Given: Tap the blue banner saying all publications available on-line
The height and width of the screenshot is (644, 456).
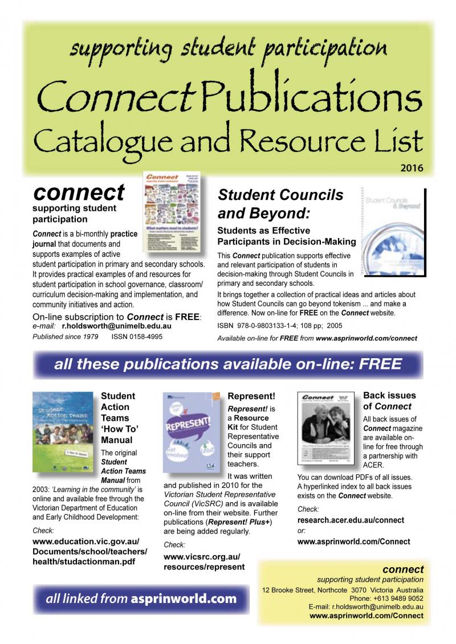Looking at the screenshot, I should coord(228,364).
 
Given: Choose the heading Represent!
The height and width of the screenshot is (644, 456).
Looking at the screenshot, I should coord(251,396).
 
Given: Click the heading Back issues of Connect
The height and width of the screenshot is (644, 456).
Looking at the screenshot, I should coord(389,401).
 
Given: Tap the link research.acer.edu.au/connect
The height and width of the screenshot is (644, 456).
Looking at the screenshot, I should coord(351,520).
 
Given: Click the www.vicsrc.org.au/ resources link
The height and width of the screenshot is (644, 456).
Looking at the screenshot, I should coord(204,561).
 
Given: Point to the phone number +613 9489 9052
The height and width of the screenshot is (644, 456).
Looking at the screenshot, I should coord(398,598).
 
